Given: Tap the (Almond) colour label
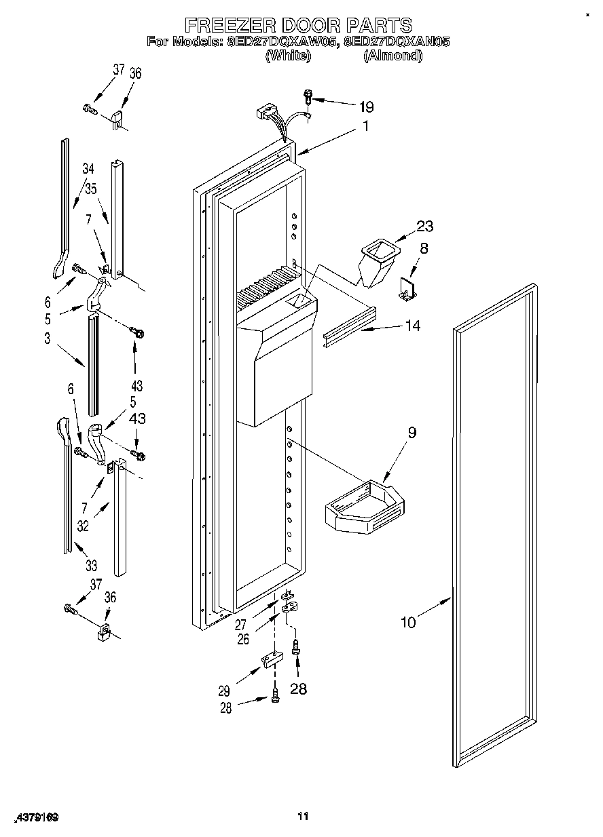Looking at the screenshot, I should pyautogui.click(x=392, y=56).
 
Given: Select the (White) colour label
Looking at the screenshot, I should pyautogui.click(x=287, y=56).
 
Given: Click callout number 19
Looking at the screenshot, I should pyautogui.click(x=366, y=106).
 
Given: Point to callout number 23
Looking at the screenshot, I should pyautogui.click(x=425, y=227).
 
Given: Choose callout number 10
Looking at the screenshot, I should pyautogui.click(x=408, y=621).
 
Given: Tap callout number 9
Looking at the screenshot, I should pyautogui.click(x=412, y=432).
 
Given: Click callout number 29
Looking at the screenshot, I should pyautogui.click(x=224, y=691).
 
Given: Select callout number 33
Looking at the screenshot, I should pyautogui.click(x=90, y=565).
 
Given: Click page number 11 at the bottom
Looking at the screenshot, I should pyautogui.click(x=303, y=816).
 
